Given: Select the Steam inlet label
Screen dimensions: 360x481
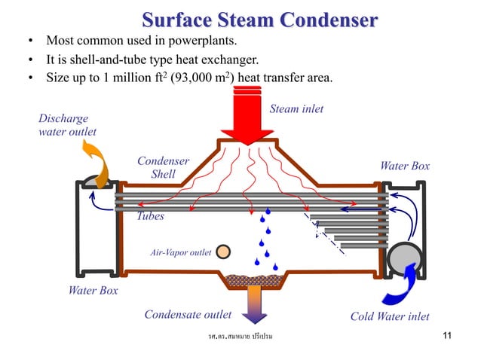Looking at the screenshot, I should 296,109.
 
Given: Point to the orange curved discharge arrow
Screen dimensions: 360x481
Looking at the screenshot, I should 101,161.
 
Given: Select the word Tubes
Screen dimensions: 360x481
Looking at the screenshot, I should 150,215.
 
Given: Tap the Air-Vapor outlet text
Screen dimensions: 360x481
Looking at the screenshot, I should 181,253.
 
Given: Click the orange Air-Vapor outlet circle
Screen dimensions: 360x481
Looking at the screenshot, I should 223,252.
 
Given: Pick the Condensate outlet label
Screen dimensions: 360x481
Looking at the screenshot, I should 188,315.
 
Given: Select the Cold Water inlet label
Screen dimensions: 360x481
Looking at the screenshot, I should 390,316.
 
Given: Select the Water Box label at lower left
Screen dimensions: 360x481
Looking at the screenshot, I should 93,290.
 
